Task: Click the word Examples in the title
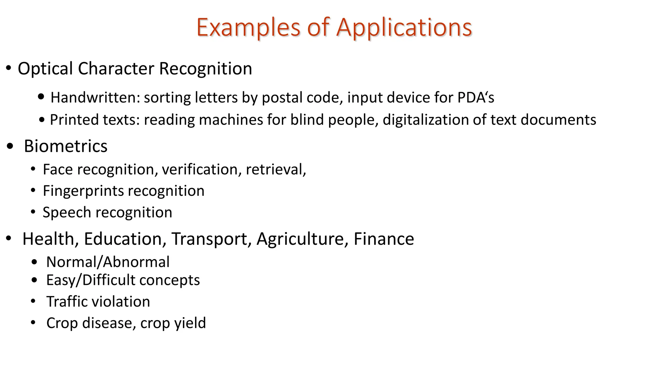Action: point(248,28)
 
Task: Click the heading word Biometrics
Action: point(66,146)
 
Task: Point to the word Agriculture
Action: point(300,239)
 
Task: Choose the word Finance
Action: point(384,239)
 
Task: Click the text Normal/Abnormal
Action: point(108,262)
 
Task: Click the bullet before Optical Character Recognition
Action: point(8,69)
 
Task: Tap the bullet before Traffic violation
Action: point(33,301)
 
